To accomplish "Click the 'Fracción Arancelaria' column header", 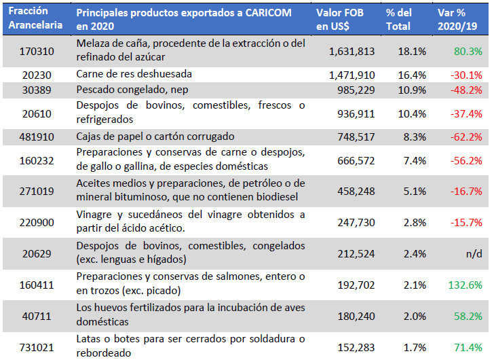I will coord(35,18).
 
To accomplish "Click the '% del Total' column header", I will coord(399,18).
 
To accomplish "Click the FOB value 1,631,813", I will coord(351,51).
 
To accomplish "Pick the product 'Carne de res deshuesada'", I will coord(134,74).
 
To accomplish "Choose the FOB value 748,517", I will coord(355,136).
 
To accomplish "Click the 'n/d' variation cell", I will coord(474,254).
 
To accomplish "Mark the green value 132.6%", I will coord(465,285).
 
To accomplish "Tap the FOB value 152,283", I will coord(355,347).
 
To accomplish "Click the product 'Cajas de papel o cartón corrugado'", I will coord(155,136).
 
